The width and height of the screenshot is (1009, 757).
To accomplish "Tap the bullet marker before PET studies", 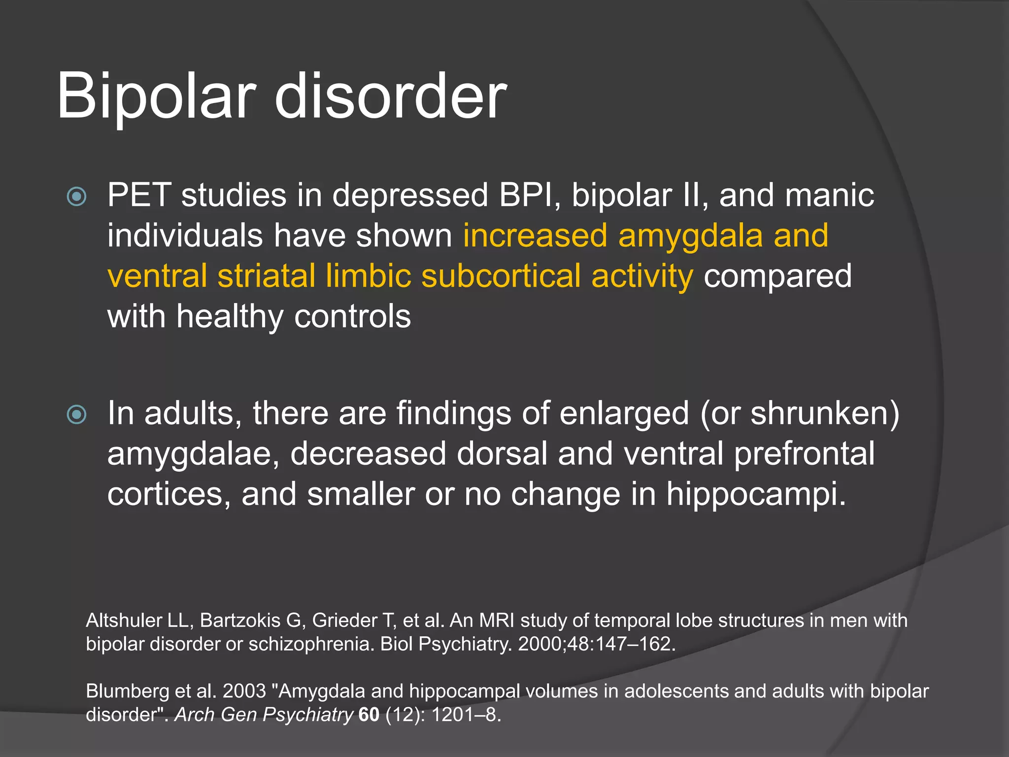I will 76,197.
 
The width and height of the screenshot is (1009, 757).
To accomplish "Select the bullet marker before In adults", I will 76,414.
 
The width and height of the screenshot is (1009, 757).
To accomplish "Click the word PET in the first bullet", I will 138,195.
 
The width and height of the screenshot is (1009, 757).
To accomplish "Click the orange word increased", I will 535,236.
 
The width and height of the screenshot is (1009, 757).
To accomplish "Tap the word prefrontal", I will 804,454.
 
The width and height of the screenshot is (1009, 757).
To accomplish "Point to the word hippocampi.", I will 756,494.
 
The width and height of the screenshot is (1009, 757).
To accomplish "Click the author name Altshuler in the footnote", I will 124,620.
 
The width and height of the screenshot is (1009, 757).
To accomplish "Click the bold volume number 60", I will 369,715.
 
